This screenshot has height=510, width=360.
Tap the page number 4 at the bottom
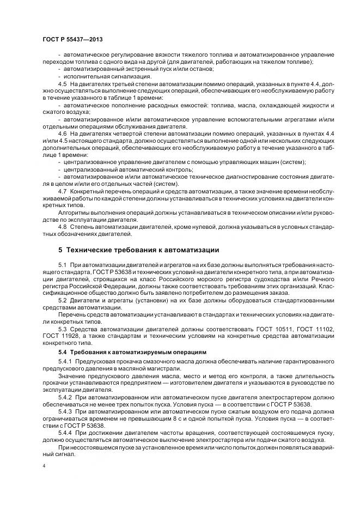44,466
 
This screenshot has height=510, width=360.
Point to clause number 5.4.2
65,398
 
